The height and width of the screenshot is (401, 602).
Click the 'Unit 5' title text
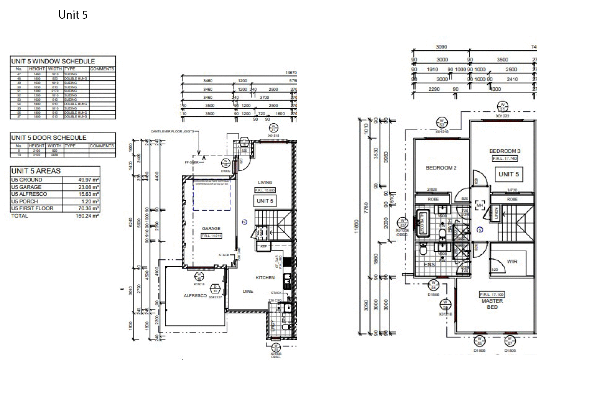pyautogui.click(x=73, y=15)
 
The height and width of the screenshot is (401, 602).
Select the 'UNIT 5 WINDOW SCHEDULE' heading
pyautogui.click(x=53, y=61)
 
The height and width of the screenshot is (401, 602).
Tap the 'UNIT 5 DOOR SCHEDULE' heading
pyautogui.click(x=49, y=138)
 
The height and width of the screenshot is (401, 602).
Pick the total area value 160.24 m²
pyautogui.click(x=87, y=216)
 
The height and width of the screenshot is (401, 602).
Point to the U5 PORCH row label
pyautogui.click(x=24, y=202)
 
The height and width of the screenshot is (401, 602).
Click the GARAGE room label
pyautogui.click(x=211, y=229)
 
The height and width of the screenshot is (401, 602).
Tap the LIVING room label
pyautogui.click(x=265, y=182)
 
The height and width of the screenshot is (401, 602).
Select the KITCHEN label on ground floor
pyautogui.click(x=265, y=278)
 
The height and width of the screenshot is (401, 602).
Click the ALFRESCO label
pyautogui.click(x=195, y=296)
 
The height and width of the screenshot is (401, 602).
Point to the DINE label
pyautogui.click(x=248, y=291)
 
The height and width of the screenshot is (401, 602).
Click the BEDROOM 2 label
pyautogui.click(x=441, y=168)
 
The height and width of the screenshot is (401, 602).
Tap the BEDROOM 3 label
pyautogui.click(x=505, y=151)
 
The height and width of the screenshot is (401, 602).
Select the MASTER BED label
pyautogui.click(x=492, y=304)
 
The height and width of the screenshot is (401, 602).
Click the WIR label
pyautogui.click(x=512, y=262)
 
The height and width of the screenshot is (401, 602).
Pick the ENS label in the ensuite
pyautogui.click(x=429, y=264)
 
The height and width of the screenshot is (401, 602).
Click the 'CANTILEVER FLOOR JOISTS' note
pyautogui.click(x=172, y=131)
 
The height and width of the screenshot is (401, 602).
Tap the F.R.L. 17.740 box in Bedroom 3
pyautogui.click(x=505, y=158)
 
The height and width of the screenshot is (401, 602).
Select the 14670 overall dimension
pyautogui.click(x=291, y=73)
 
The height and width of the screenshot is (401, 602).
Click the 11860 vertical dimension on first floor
pyautogui.click(x=357, y=226)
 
